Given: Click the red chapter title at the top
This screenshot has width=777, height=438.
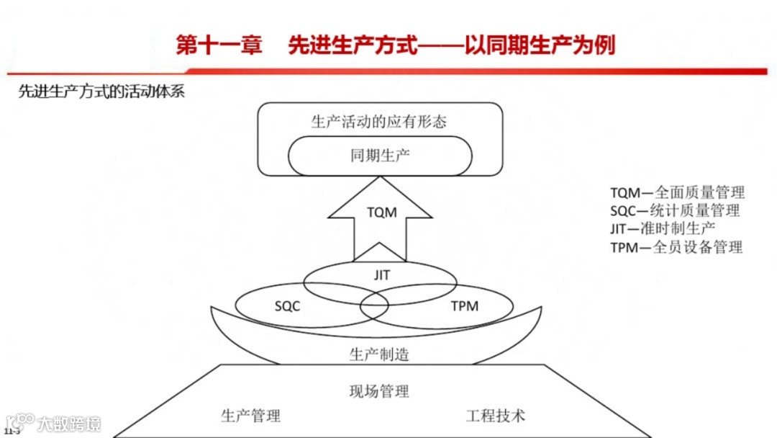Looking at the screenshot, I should coord(395,46).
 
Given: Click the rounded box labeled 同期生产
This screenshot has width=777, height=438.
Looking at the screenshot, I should coord(380,156).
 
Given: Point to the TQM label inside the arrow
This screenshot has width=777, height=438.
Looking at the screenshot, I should coord(381,213).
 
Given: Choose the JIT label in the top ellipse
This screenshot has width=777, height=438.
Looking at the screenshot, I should coord(381,274).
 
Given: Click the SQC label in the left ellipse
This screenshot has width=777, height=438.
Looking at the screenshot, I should coord(287,305).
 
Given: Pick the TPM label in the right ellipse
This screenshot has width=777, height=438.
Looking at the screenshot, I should coord(464,305).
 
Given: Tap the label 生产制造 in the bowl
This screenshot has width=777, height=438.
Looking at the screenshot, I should coord(379,354).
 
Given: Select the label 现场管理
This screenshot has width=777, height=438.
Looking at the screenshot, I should coord(379,391).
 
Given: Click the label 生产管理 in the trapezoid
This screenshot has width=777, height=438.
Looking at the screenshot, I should coord(250,416).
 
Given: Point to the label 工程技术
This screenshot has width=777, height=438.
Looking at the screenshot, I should coord(496,416).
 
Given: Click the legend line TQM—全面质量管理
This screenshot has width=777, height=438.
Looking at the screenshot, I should coord(677,192).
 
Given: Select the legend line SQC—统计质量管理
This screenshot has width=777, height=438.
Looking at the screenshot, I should coord(675,210).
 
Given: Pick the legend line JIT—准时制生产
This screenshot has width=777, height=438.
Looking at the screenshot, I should coord(663,228).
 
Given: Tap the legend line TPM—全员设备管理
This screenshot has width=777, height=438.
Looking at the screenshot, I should coord(676,247).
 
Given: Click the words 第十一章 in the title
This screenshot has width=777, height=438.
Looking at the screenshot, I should coord(219,46).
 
